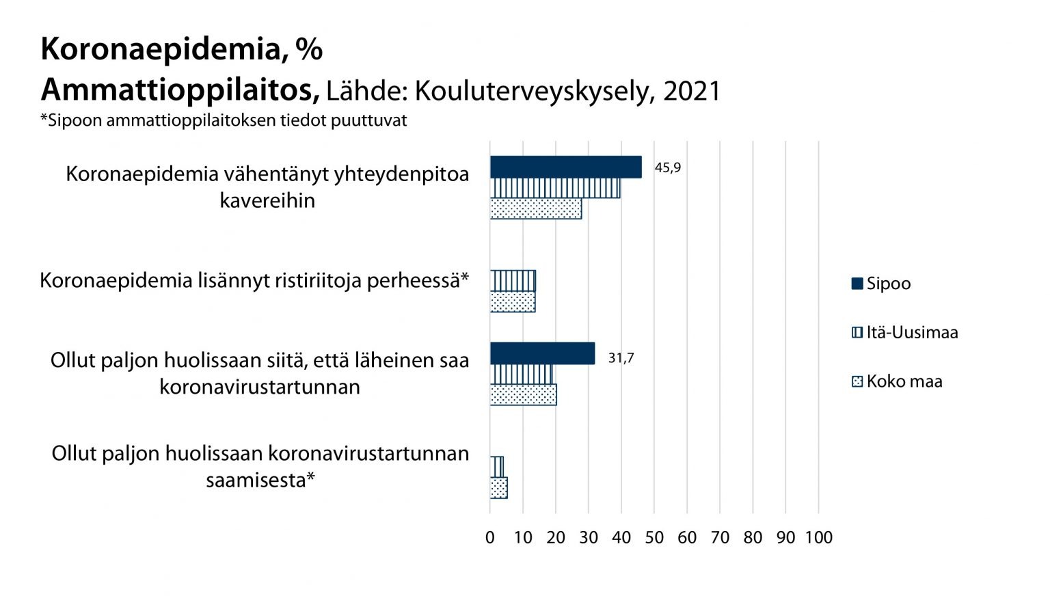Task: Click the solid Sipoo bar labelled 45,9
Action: pyautogui.click(x=565, y=167)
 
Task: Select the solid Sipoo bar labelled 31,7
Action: pyautogui.click(x=542, y=353)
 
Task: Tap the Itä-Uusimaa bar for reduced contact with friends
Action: pyautogui.click(x=554, y=188)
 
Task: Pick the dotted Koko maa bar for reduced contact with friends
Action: pyautogui.click(x=535, y=208)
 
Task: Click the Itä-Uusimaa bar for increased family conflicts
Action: pyautogui.click(x=513, y=281)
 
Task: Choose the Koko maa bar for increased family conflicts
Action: pyautogui.click(x=513, y=301)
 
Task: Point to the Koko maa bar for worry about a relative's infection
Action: pyautogui.click(x=523, y=394)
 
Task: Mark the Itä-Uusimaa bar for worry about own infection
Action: pyautogui.click(x=497, y=467)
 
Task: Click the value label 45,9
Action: pyautogui.click(x=668, y=168)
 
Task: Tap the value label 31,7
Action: pyautogui.click(x=621, y=358)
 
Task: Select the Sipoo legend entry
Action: pyautogui.click(x=881, y=284)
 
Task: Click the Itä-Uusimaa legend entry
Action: pyautogui.click(x=904, y=333)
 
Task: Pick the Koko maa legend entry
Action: pyautogui.click(x=897, y=381)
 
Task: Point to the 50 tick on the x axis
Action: pyautogui.click(x=654, y=538)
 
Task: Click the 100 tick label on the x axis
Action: pyautogui.click(x=818, y=538)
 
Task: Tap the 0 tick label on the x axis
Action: pyautogui.click(x=490, y=538)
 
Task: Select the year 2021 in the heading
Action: pyautogui.click(x=692, y=91)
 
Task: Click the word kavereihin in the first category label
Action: pyautogui.click(x=267, y=201)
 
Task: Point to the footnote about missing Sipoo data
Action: pyautogui.click(x=224, y=121)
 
